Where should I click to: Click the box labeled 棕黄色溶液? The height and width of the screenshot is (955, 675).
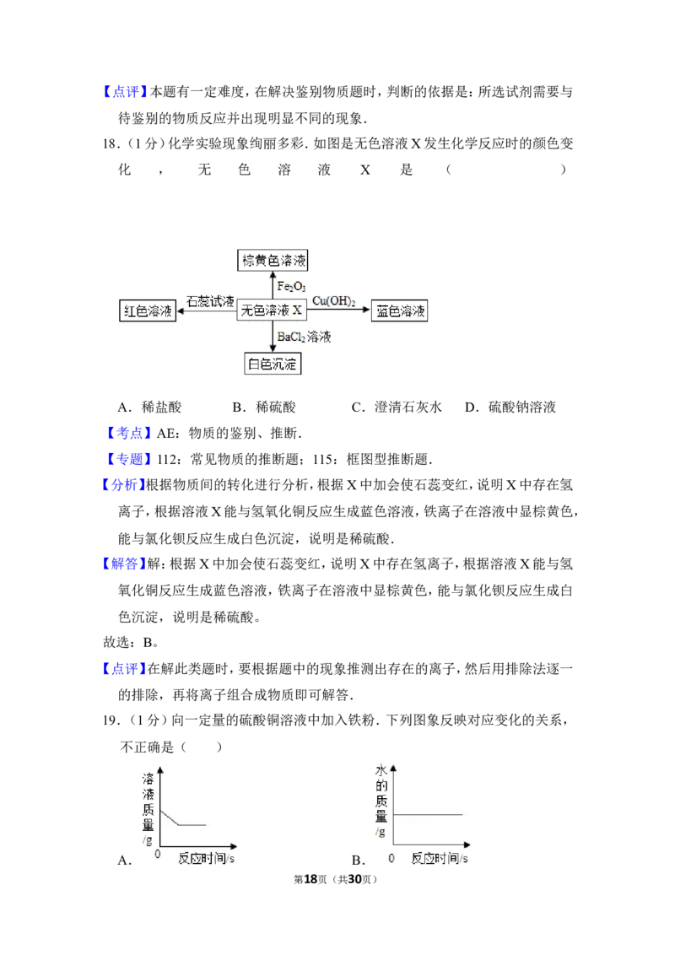coord(273,261)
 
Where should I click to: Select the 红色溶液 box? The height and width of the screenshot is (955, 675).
coord(148,310)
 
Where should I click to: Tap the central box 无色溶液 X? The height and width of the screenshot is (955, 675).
coord(271,310)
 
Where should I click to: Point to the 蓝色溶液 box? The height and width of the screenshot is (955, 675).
coord(400,310)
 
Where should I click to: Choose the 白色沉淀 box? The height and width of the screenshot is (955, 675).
coord(273,364)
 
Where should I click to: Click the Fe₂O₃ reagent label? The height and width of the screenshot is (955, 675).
coord(291,286)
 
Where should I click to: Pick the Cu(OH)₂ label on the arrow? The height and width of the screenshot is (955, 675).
coord(334,301)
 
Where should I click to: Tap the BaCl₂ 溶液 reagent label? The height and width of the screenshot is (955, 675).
coord(304,337)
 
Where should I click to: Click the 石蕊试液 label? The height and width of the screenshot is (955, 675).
coord(210,301)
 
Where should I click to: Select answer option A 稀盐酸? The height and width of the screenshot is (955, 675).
coord(150,407)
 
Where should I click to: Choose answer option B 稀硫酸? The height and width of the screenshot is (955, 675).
coord(264,407)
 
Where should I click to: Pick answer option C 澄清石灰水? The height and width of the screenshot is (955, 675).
coord(397,407)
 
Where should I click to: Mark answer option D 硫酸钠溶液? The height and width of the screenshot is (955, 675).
coord(510,407)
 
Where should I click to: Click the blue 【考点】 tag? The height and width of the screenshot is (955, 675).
coord(128,433)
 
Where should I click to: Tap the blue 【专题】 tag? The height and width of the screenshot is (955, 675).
coord(128,459)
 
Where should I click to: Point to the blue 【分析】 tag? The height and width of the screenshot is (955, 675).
coord(124,485)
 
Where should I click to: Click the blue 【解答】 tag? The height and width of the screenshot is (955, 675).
coord(124,564)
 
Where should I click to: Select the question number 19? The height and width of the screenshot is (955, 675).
coord(110,720)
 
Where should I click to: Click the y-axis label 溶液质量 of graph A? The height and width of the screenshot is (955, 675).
coord(148,802)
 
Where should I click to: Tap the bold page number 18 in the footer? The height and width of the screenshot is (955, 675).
coord(310,879)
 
